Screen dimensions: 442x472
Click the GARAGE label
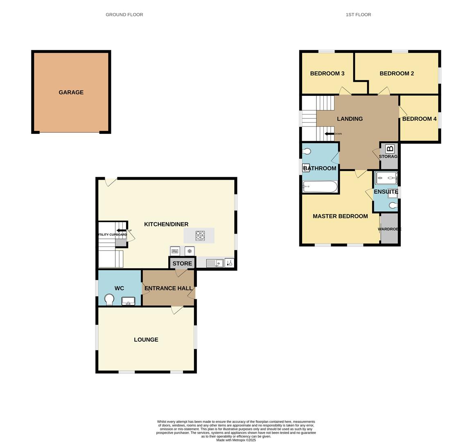pyautogui.click(x=71, y=92)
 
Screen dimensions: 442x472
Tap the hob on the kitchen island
pyautogui.click(x=200, y=236)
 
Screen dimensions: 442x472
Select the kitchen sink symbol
pyautogui.click(x=215, y=263)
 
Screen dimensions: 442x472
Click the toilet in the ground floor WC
pyautogui.click(x=109, y=300)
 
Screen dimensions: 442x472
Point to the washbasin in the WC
pyautogui.click(x=128, y=301)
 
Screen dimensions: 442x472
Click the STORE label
pyautogui.click(x=182, y=264)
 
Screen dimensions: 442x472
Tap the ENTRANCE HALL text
pyautogui.click(x=168, y=288)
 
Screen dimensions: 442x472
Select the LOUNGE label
pyautogui.click(x=146, y=340)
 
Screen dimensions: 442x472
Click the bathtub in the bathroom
pyautogui.click(x=320, y=187)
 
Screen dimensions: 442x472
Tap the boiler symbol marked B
pyautogui.click(x=390, y=149)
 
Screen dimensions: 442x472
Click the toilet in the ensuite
pyautogui.click(x=393, y=205)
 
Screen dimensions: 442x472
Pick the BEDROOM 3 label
pyautogui.click(x=327, y=74)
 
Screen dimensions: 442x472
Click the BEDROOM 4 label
pyautogui.click(x=419, y=119)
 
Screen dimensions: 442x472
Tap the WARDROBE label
pyautogui.click(x=389, y=229)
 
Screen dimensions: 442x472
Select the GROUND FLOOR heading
pyautogui.click(x=124, y=15)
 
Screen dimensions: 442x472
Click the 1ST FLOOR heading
pyautogui.click(x=358, y=15)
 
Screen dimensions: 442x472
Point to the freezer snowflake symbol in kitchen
pyautogui.click(x=190, y=251)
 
